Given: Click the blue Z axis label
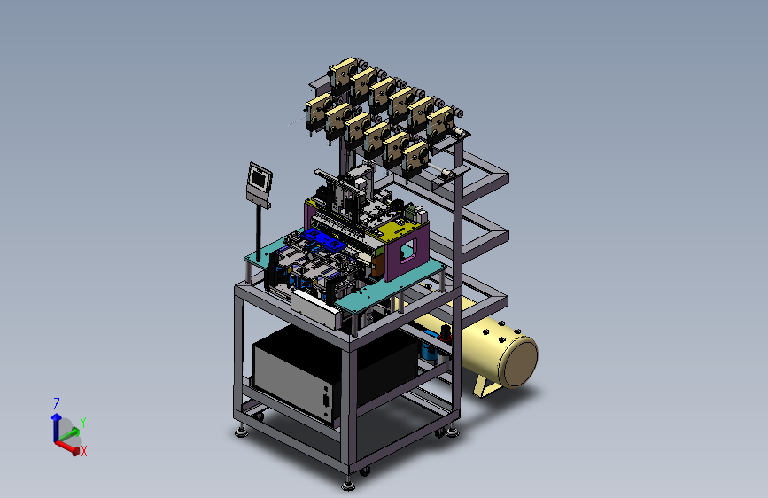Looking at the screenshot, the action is (57, 404).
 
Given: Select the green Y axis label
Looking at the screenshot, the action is (82, 422).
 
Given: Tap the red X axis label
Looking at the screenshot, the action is (84, 451).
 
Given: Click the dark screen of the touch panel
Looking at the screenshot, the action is (259, 179).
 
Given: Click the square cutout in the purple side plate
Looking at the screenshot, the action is (407, 251).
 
